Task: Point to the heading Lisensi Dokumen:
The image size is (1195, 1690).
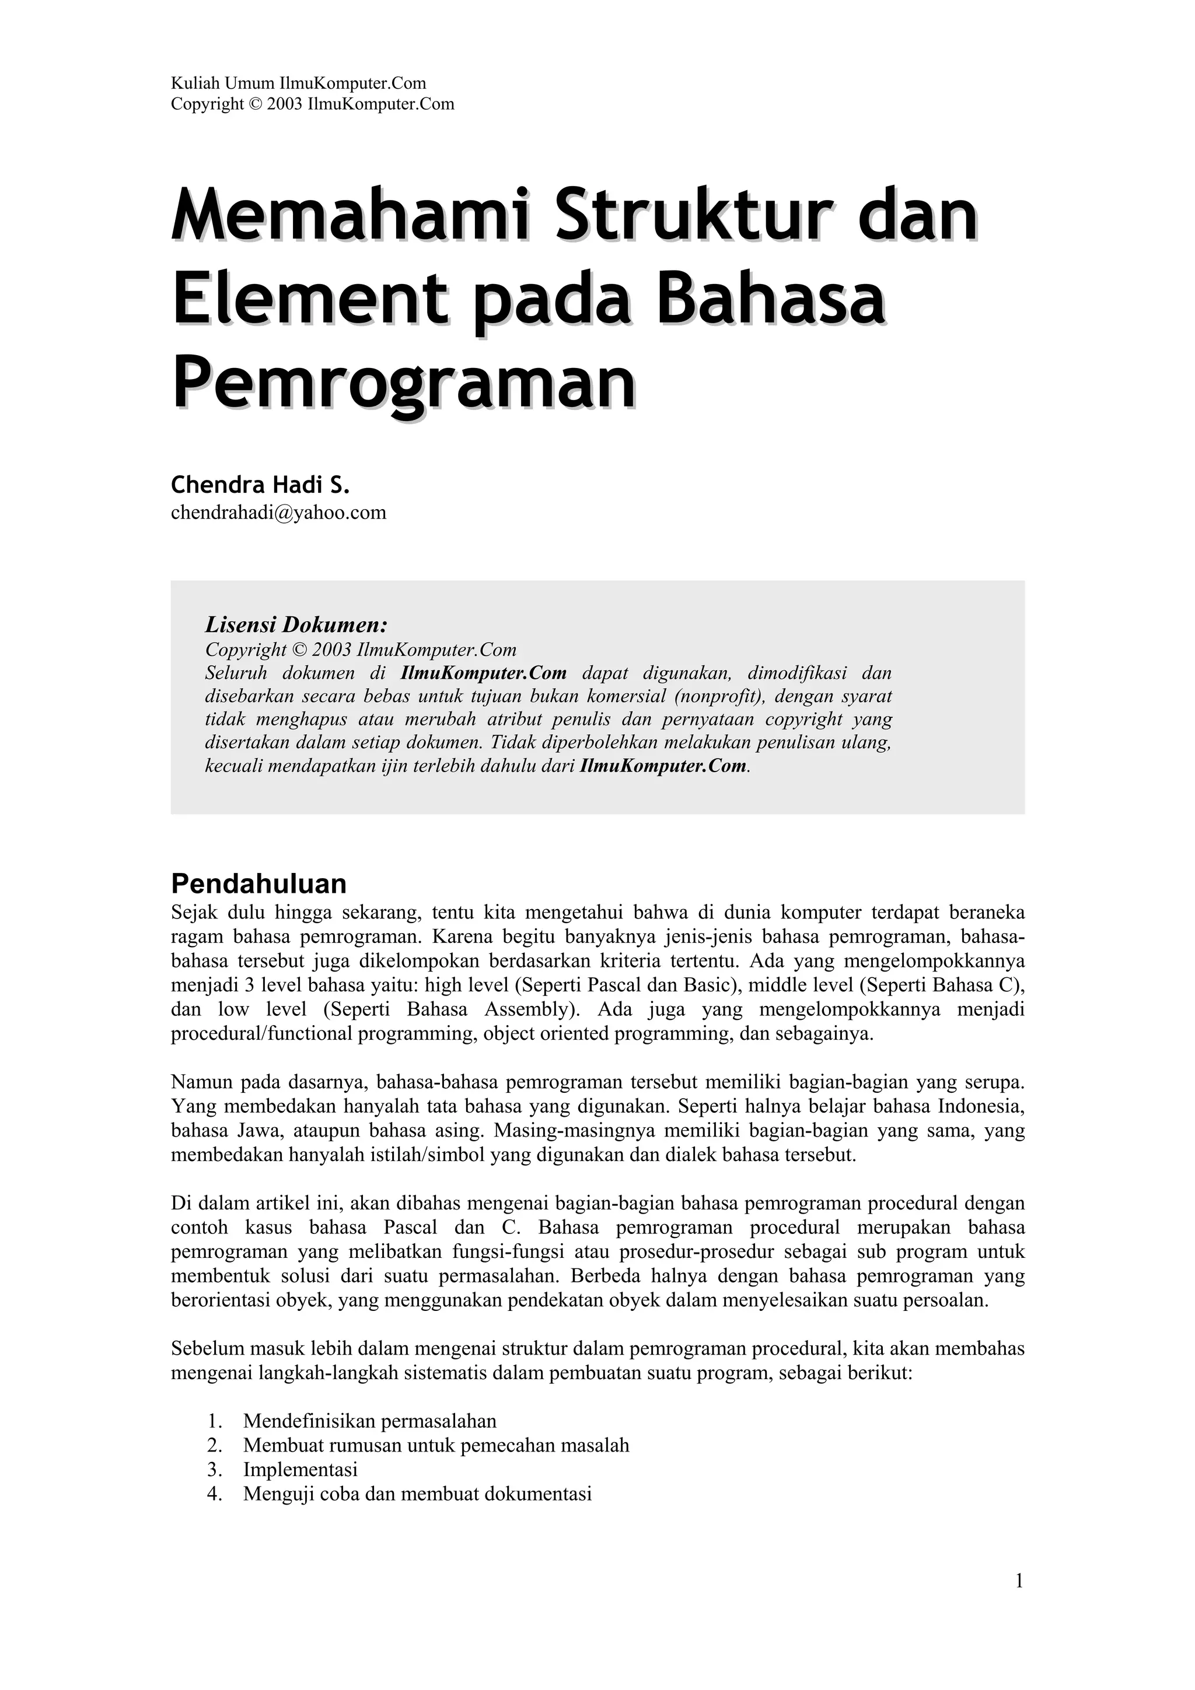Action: (296, 625)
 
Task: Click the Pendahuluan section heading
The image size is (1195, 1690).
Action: (258, 882)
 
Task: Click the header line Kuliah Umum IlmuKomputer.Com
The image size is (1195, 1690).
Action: (298, 83)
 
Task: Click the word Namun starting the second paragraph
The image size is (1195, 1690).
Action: (202, 1082)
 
